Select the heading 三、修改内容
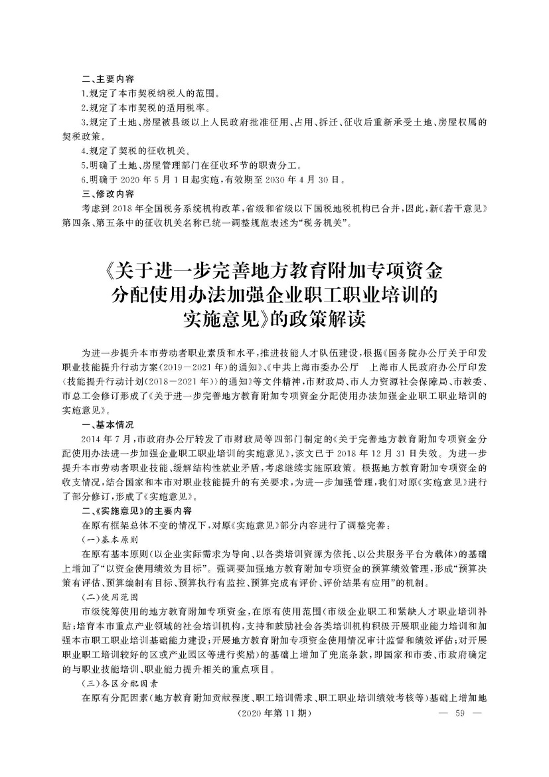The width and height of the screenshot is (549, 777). pos(107,194)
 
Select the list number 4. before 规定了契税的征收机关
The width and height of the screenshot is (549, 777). pos(84,151)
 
